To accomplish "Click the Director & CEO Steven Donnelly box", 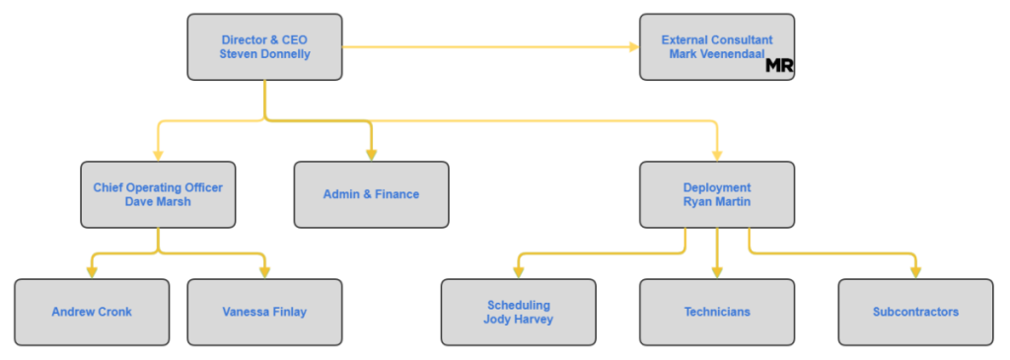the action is tap(264, 47).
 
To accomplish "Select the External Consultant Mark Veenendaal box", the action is tap(717, 47).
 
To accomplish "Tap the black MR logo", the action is tap(779, 66).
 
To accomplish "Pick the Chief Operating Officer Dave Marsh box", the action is tap(158, 194).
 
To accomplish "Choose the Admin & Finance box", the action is tap(371, 194).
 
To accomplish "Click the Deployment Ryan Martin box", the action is tap(717, 194).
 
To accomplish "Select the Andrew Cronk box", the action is tap(92, 313).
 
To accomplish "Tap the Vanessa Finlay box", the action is tap(264, 313).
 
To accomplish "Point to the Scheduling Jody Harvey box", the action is tap(519, 313).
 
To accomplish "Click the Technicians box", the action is tap(717, 313).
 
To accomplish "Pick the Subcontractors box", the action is tap(916, 313).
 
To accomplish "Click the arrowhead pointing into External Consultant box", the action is tap(634, 47).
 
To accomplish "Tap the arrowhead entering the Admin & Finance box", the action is tap(371, 155).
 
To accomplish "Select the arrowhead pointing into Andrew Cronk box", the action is tap(92, 273).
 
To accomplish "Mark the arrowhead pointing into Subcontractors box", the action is tap(916, 273).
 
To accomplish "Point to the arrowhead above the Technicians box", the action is tap(717, 273).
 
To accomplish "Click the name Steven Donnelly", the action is tap(264, 54).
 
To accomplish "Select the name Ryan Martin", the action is tap(717, 201).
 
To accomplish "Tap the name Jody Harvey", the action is tap(519, 320).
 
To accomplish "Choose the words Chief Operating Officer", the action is tap(158, 187).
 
